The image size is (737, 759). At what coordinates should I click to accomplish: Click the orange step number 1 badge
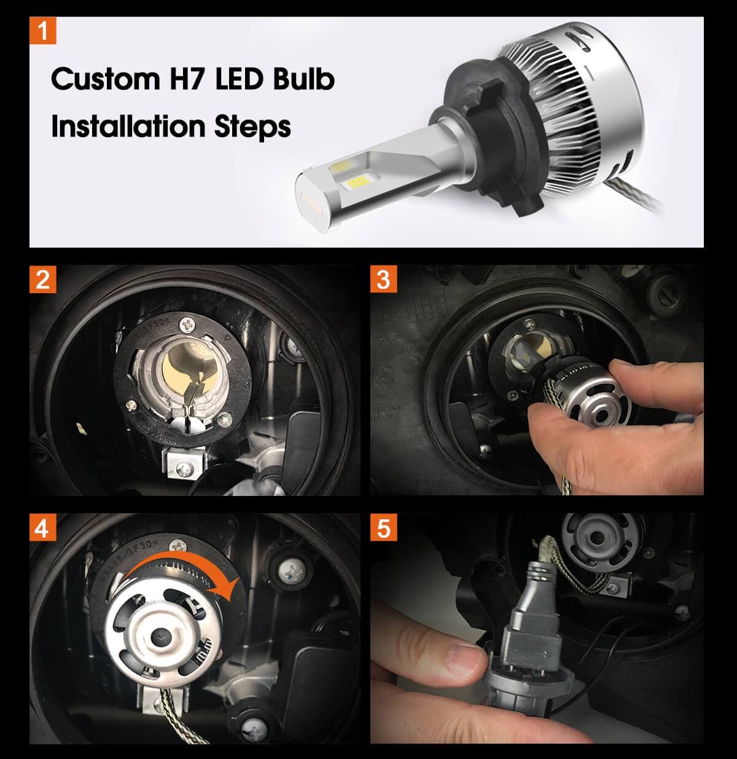click(42, 31)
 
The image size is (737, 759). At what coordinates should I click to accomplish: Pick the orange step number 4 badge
click(42, 527)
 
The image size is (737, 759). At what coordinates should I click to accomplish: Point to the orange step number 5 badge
click(383, 527)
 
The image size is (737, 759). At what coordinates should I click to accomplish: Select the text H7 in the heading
click(187, 79)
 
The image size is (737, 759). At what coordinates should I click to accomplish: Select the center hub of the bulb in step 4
click(161, 633)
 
